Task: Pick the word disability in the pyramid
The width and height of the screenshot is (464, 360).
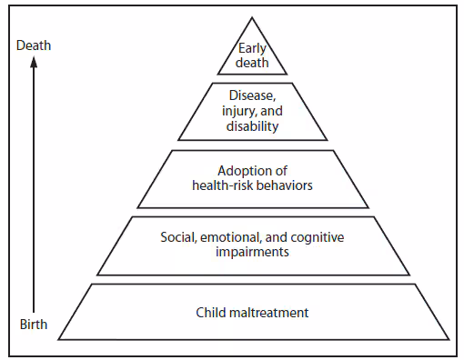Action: pyautogui.click(x=252, y=126)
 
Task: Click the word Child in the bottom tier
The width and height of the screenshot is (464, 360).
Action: pyautogui.click(x=210, y=314)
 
